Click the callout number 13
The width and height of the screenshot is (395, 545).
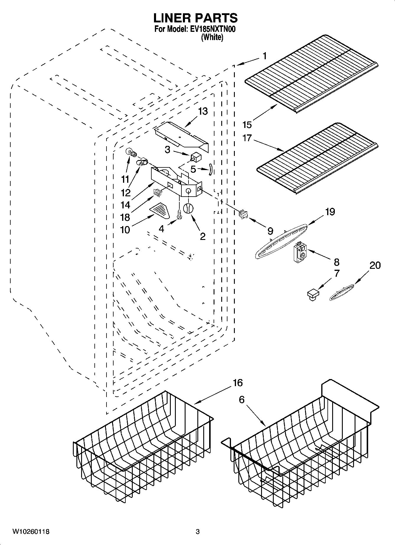pos(203,111)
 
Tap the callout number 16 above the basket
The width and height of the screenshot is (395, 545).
pos(237,383)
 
